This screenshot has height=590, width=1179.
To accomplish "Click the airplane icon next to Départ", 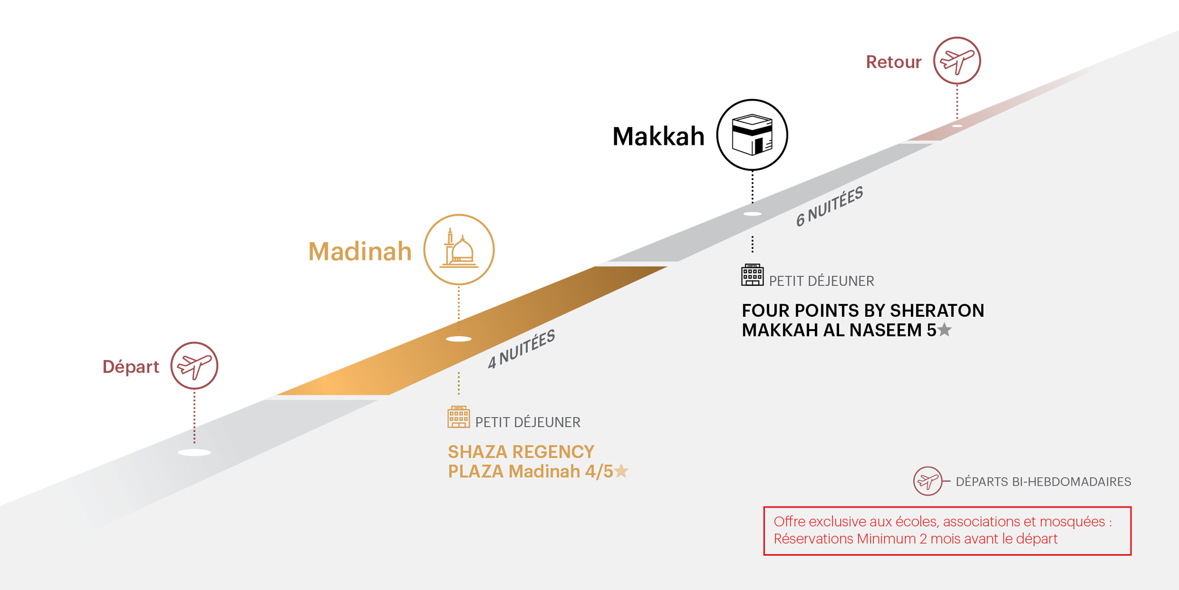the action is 194,366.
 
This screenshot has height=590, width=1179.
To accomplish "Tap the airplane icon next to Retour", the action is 957,61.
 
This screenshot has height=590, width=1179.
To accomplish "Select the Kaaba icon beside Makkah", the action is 752,135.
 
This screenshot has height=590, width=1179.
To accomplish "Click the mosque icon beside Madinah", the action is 459,250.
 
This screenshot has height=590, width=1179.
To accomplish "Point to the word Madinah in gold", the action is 360,252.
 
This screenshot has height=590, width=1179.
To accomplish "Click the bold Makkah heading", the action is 658,137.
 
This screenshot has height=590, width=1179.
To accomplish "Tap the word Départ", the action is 130,367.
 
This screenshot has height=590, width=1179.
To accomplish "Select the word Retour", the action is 893,62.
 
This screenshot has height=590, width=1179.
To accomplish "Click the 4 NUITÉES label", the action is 521,349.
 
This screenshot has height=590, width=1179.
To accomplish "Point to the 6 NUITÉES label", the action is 829,206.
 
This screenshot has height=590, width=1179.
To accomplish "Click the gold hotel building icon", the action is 458,417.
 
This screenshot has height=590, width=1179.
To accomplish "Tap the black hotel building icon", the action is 752,275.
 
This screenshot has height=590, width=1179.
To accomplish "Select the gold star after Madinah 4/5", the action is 622,471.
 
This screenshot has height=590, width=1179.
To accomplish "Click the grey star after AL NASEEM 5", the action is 945,330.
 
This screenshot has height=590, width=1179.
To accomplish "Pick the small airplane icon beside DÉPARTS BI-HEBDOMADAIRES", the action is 928,481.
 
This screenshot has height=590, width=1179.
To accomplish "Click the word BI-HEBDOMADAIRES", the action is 1071,482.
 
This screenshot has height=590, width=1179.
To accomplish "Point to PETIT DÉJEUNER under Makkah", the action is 821,281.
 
